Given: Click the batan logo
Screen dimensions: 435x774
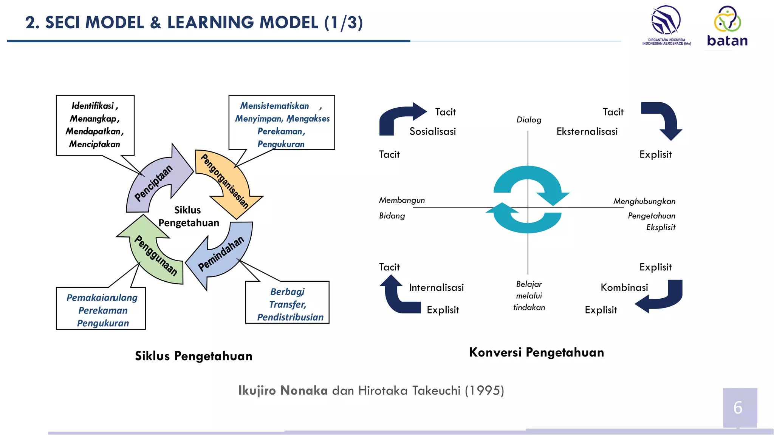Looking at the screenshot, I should [x=727, y=26].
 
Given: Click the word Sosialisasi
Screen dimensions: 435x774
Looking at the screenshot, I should [x=432, y=131].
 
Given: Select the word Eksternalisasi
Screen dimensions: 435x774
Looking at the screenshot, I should [x=587, y=131].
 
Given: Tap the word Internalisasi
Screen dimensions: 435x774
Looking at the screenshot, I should [x=436, y=287].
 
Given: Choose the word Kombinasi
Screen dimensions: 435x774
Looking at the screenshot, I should [x=624, y=287].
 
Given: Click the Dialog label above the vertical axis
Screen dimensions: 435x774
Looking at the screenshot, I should [x=528, y=120].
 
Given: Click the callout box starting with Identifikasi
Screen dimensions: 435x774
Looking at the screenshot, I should [x=95, y=125].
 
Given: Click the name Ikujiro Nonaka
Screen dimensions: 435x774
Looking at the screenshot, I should [x=283, y=390].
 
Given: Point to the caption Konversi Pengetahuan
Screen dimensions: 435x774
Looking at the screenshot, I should [x=536, y=352].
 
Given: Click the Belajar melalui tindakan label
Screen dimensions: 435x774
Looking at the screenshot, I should [x=529, y=296].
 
